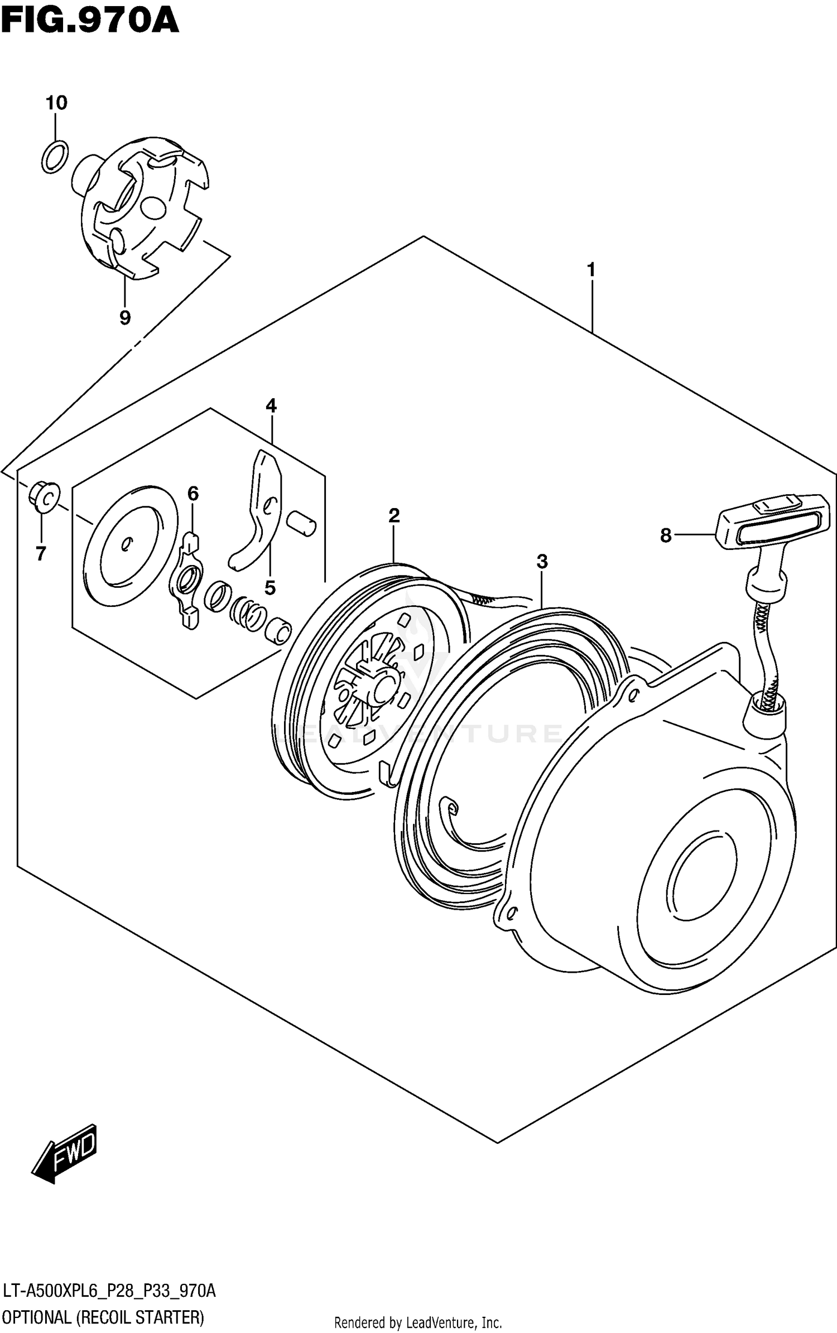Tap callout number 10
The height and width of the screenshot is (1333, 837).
(56, 103)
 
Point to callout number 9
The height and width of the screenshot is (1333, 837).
(125, 318)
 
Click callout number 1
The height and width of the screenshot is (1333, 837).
(591, 271)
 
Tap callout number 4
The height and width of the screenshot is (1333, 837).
(271, 405)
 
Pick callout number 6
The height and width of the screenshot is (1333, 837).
(193, 493)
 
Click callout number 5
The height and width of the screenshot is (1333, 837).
(270, 588)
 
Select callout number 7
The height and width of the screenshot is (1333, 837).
(41, 554)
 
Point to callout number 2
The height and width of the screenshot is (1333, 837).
(394, 515)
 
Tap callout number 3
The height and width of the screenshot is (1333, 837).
(542, 562)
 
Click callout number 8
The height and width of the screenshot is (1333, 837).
(666, 535)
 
